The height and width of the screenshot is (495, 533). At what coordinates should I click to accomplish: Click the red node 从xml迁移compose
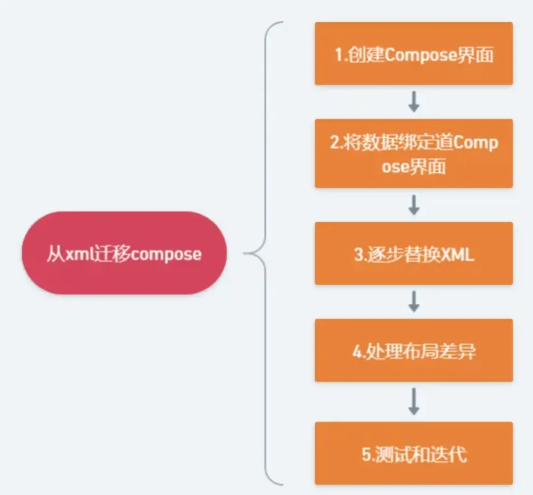click(x=124, y=253)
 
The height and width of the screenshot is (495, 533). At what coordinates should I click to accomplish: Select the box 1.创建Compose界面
click(x=414, y=53)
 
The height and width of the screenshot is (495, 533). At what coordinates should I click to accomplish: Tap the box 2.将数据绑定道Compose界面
click(x=414, y=154)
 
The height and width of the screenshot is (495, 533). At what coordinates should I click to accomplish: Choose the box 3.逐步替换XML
click(x=414, y=253)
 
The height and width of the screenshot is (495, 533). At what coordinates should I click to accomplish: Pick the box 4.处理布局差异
click(x=414, y=350)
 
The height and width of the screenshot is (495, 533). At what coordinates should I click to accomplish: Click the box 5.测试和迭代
click(x=414, y=453)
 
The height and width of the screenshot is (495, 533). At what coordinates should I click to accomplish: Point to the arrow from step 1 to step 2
click(x=414, y=101)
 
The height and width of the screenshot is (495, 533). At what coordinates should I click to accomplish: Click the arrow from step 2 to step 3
click(x=414, y=205)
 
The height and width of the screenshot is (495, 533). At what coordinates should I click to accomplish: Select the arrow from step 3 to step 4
click(x=414, y=301)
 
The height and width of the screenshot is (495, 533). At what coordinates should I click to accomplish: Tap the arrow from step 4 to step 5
click(x=414, y=402)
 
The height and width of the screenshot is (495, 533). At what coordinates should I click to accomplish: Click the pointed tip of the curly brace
click(x=244, y=253)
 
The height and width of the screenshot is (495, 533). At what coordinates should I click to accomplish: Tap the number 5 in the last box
click(x=366, y=454)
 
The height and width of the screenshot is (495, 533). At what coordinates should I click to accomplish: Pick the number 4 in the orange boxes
click(x=357, y=351)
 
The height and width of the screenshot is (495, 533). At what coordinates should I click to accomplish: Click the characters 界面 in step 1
click(x=476, y=54)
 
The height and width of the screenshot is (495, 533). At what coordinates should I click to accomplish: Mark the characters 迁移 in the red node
click(x=112, y=254)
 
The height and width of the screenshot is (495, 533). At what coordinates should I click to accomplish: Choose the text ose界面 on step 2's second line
click(x=414, y=166)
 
